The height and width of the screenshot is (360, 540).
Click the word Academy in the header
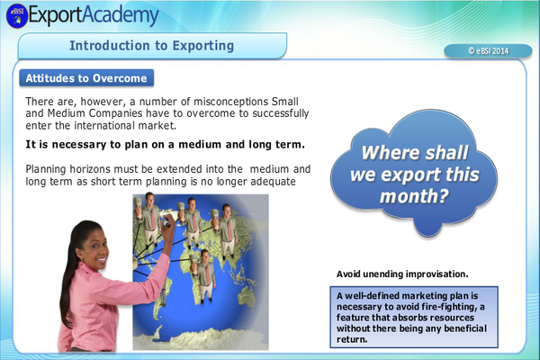tap(121, 15)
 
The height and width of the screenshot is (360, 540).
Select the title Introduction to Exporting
tap(152, 45)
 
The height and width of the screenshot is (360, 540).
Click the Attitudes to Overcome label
tap(86, 78)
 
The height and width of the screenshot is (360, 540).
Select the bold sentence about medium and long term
tap(165, 144)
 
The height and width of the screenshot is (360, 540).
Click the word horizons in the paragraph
tap(96, 169)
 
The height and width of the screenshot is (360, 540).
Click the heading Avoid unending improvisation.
tap(401, 274)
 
